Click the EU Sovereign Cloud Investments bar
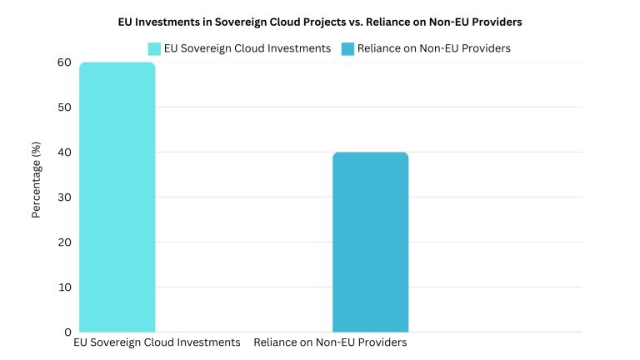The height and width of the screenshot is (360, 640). [117, 197]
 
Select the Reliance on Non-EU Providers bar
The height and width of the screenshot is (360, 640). [370, 242]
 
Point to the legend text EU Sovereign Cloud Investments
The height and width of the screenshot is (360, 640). [248, 48]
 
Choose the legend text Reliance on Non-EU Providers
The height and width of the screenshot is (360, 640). [433, 48]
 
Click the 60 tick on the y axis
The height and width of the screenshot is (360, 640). [64, 62]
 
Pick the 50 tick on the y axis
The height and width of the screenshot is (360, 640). [64, 107]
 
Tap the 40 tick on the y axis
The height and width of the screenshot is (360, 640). [64, 152]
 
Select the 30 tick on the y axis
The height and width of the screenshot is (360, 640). [64, 197]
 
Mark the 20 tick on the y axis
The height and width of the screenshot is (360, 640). [64, 242]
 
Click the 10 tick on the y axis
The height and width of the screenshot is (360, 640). [64, 287]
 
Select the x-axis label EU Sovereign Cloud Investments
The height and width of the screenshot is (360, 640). [157, 342]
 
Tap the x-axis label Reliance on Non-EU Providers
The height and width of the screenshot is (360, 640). [330, 342]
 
